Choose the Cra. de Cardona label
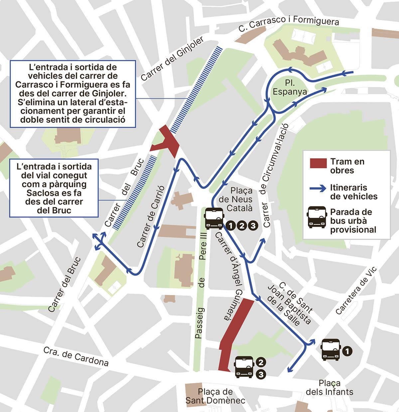pyautogui.click(x=76, y=356)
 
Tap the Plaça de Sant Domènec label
pyautogui.click(x=215, y=396)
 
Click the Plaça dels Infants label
pyautogui.click(x=330, y=387)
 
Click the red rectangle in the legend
pyautogui.click(x=318, y=163)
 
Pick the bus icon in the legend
pyautogui.click(x=317, y=217)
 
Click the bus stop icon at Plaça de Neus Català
pyautogui.click(x=214, y=218)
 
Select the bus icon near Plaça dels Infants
pyautogui.click(x=331, y=349)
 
